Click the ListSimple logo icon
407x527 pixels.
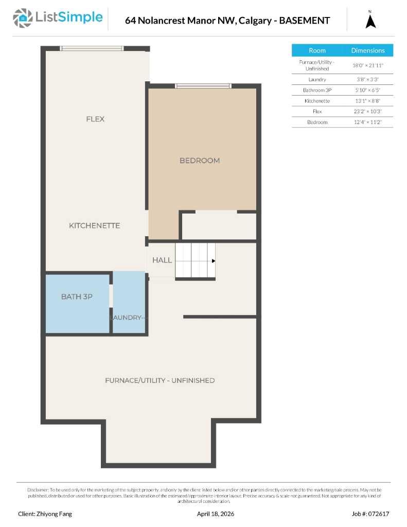(x=22, y=18)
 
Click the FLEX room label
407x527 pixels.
(x=95, y=119)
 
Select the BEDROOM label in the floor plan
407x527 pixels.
(x=200, y=161)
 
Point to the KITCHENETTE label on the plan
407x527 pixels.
(x=95, y=225)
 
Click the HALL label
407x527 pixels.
(x=162, y=260)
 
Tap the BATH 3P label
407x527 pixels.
(x=77, y=296)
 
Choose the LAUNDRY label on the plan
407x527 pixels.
(x=127, y=318)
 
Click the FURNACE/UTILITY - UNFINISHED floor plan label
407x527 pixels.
(x=160, y=380)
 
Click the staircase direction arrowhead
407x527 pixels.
(x=213, y=261)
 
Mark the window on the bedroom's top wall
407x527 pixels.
(x=203, y=86)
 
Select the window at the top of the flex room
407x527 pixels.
(x=92, y=48)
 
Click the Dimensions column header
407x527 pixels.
(x=368, y=50)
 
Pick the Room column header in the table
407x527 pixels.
(x=317, y=50)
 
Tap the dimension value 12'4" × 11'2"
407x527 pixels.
(x=367, y=122)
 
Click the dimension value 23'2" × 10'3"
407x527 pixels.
(x=367, y=112)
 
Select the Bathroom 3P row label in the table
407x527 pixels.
(x=317, y=90)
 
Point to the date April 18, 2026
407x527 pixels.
(x=216, y=514)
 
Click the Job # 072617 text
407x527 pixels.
(x=370, y=514)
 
